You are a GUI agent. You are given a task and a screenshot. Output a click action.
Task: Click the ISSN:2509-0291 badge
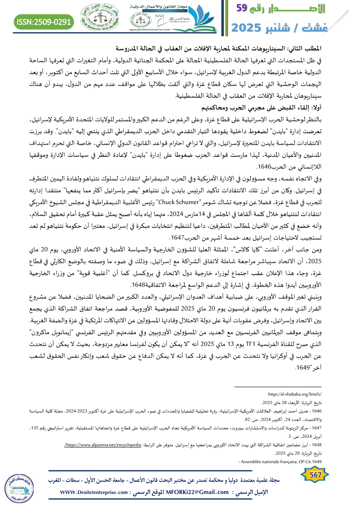(x=44, y=21)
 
